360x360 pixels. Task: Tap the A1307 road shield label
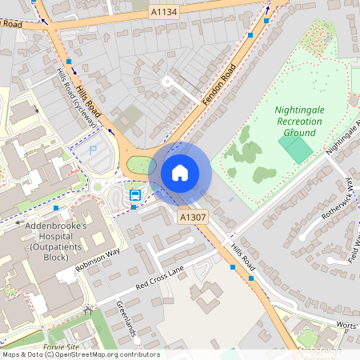tap(192, 217)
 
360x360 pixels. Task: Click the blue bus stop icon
tap(136, 194)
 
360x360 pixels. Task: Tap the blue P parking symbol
tap(92, 150)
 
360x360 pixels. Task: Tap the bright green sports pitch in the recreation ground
tap(296, 149)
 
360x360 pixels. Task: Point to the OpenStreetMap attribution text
tap(80, 354)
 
